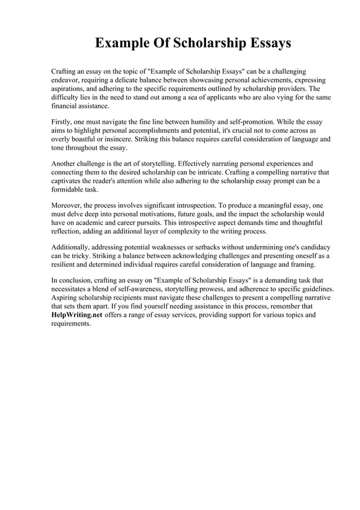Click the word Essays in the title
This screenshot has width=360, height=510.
[263, 43]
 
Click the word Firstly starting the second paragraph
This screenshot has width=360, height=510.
[63, 122]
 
